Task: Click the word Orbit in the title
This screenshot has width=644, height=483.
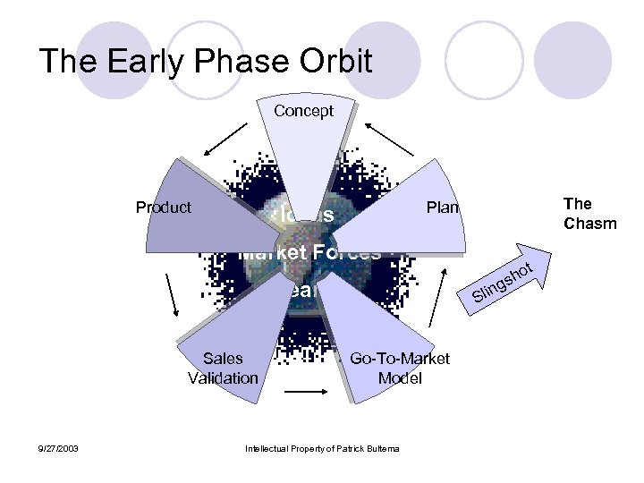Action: [326, 62]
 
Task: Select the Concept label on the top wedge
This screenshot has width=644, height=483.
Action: [303, 111]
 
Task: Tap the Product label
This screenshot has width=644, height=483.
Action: [163, 208]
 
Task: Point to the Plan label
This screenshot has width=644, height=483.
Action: [442, 208]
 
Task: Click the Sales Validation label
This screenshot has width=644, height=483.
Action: [223, 368]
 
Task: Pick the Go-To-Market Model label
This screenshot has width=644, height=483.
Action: [399, 368]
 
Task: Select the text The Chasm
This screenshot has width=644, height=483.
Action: [589, 214]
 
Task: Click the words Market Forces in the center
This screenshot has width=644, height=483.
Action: [309, 252]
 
